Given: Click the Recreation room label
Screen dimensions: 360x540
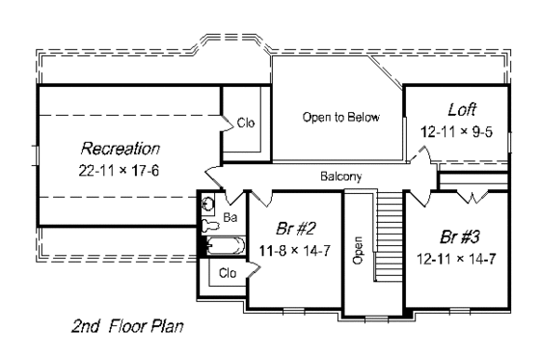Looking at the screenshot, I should pyautogui.click(x=120, y=149).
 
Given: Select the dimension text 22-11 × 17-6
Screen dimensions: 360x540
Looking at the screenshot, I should pyautogui.click(x=120, y=169).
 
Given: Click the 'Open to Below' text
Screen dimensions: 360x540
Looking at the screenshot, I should pyautogui.click(x=340, y=118).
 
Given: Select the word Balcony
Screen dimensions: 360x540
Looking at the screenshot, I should pyautogui.click(x=341, y=177).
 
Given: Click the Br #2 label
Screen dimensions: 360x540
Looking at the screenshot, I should pyautogui.click(x=292, y=232).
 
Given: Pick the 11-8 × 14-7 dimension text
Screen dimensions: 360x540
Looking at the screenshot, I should pyautogui.click(x=293, y=250).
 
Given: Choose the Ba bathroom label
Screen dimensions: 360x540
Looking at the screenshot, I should pyautogui.click(x=230, y=218).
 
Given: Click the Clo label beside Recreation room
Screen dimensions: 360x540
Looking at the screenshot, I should pyautogui.click(x=246, y=123).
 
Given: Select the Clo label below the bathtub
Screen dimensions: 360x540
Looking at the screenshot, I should pyautogui.click(x=228, y=273).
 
